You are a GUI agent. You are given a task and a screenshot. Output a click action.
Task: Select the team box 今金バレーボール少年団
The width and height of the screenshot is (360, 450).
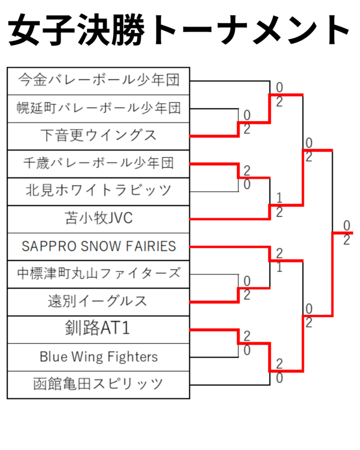pyautogui.click(x=98, y=81)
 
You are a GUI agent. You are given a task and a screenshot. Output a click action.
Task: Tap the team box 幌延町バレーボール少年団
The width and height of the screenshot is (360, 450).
pyautogui.click(x=98, y=108)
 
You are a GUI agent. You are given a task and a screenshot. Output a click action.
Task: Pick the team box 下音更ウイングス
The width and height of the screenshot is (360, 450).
pyautogui.click(x=98, y=136)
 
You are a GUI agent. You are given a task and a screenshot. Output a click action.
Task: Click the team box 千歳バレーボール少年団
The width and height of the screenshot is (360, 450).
pyautogui.click(x=98, y=163)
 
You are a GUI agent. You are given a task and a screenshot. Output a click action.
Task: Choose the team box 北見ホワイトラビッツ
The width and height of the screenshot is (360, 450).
pyautogui.click(x=98, y=191)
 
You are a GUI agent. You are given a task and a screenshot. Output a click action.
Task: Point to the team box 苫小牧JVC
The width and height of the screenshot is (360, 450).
pyautogui.click(x=98, y=218)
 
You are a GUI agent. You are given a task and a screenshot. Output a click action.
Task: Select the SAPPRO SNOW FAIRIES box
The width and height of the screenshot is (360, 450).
pyautogui.click(x=98, y=246)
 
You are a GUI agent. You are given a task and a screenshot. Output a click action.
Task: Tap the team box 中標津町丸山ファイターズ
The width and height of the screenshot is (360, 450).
pyautogui.click(x=98, y=273)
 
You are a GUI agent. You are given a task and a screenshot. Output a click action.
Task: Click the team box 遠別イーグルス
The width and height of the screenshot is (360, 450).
pyautogui.click(x=98, y=301)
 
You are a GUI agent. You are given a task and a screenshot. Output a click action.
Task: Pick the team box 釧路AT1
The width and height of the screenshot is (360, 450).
pyautogui.click(x=98, y=329)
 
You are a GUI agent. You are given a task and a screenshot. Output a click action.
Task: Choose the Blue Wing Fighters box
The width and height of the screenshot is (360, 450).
pyautogui.click(x=98, y=357)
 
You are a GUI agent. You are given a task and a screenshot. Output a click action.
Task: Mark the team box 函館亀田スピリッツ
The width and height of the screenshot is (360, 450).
pyautogui.click(x=98, y=384)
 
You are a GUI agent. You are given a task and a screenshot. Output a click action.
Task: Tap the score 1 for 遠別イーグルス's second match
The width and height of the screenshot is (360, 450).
pyautogui.click(x=279, y=268)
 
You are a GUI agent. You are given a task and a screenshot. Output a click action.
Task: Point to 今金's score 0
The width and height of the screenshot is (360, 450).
pyautogui.click(x=279, y=88)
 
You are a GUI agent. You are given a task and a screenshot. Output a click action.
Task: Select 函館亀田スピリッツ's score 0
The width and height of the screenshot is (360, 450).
pyautogui.click(x=279, y=378)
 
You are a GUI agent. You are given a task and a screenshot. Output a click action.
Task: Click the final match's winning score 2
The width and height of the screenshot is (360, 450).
pyautogui.click(x=346, y=240)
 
